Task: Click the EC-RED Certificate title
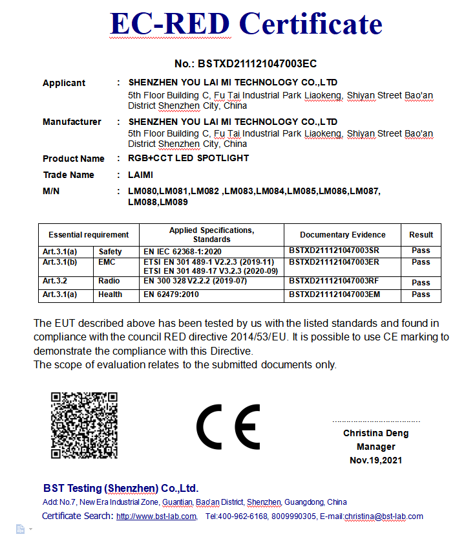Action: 246,24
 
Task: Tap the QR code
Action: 84,425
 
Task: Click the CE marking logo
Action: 228,427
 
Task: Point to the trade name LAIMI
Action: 141,175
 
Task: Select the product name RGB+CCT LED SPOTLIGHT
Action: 189,159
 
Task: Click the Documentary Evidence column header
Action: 343,235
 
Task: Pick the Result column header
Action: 421,235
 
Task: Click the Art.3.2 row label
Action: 56,282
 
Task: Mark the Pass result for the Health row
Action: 421,294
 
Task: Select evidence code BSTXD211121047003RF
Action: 334,282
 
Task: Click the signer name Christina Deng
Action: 376,433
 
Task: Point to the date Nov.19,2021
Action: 376,460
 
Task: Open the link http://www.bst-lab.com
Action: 156,516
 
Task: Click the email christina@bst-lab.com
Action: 384,516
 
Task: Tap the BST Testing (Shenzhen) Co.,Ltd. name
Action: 121,488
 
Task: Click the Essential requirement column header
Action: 89,235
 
